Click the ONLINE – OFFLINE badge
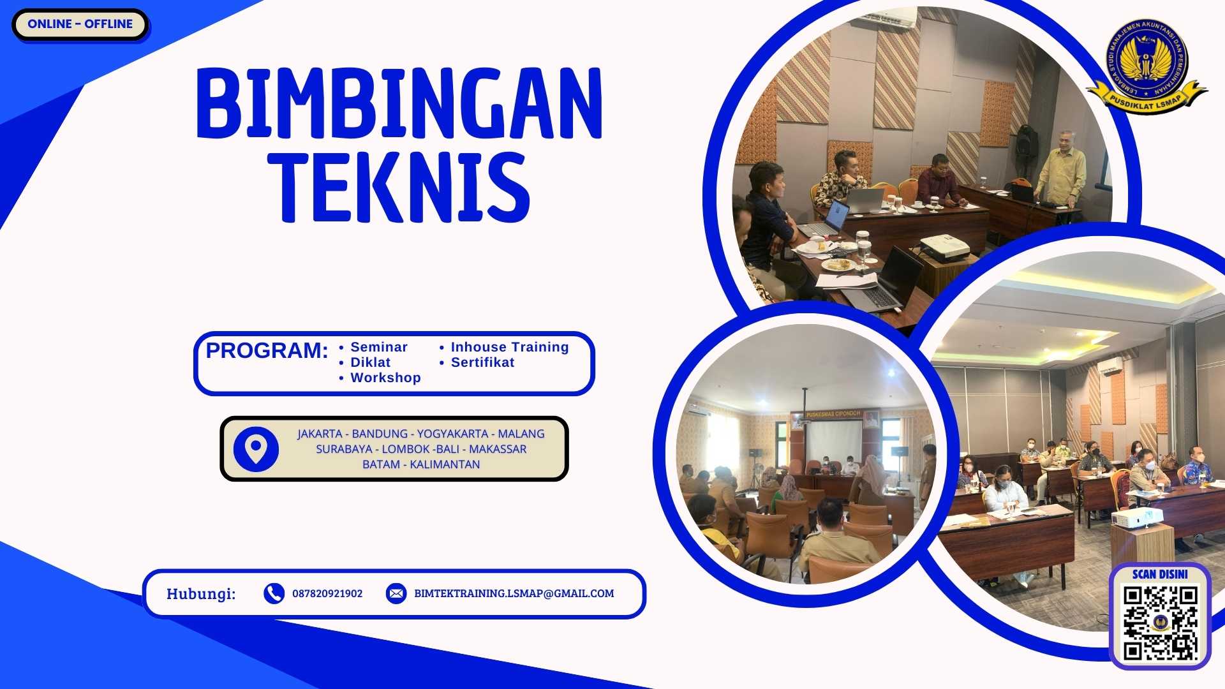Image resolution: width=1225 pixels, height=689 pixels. click(x=80, y=24)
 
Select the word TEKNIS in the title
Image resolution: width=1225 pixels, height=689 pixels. click(x=399, y=187)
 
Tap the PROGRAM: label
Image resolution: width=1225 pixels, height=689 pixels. click(x=267, y=351)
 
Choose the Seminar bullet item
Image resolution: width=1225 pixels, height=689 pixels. click(x=378, y=347)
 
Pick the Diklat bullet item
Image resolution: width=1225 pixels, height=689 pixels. click(x=370, y=362)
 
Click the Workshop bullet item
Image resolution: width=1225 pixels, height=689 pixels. click(x=385, y=378)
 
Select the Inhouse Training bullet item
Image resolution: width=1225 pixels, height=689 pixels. click(x=509, y=347)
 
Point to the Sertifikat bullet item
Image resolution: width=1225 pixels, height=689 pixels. click(x=482, y=362)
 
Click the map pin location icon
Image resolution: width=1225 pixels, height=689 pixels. click(x=256, y=449)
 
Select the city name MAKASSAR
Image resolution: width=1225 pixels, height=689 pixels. click(x=498, y=449)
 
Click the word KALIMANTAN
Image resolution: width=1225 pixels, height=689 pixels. click(x=445, y=464)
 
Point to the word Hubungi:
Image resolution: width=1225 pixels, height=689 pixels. click(x=201, y=594)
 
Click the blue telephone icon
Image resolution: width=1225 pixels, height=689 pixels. click(x=274, y=593)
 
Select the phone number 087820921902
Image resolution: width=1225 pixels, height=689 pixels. click(x=327, y=593)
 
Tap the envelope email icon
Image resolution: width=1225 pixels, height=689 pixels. click(x=396, y=593)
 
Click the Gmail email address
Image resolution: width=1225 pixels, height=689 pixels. click(x=514, y=593)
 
